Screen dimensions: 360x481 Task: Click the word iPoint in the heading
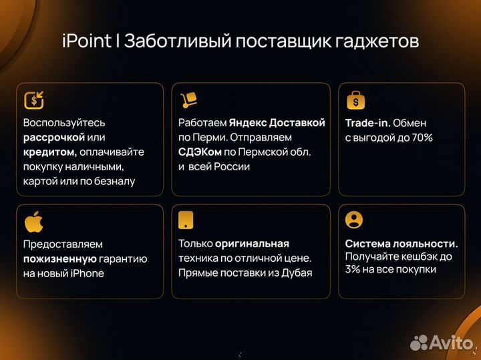(87, 41)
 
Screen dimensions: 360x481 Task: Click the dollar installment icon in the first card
(33, 100)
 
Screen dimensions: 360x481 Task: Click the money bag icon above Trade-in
(355, 100)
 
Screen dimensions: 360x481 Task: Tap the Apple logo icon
(33, 221)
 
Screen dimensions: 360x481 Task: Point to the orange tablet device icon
(187, 220)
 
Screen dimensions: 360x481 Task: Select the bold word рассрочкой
(54, 137)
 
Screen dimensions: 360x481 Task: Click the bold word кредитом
(49, 152)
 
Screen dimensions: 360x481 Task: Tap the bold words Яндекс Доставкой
(277, 123)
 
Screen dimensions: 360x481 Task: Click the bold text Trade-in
(367, 123)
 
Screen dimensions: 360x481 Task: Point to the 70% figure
(421, 138)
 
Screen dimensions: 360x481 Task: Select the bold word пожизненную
(60, 258)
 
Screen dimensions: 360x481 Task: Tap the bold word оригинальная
(252, 244)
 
